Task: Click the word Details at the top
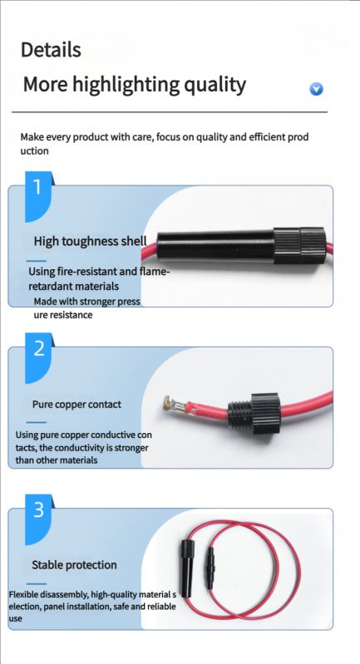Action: pos(51,50)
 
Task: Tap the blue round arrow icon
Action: pos(316,89)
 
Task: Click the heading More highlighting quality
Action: pos(134,85)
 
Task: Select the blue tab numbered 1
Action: pos(38,196)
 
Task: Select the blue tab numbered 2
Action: pos(38,358)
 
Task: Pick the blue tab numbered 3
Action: pos(38,519)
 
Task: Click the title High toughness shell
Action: pos(91,241)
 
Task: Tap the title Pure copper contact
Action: pos(76,405)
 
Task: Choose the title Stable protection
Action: pos(74,565)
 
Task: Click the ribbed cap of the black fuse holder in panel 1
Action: pos(300,246)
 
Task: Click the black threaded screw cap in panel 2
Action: pos(254,413)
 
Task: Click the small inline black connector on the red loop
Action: pos(209,568)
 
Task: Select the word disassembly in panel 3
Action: pos(61,594)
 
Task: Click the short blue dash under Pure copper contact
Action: pos(37,422)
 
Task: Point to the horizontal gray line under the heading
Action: pos(170,112)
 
